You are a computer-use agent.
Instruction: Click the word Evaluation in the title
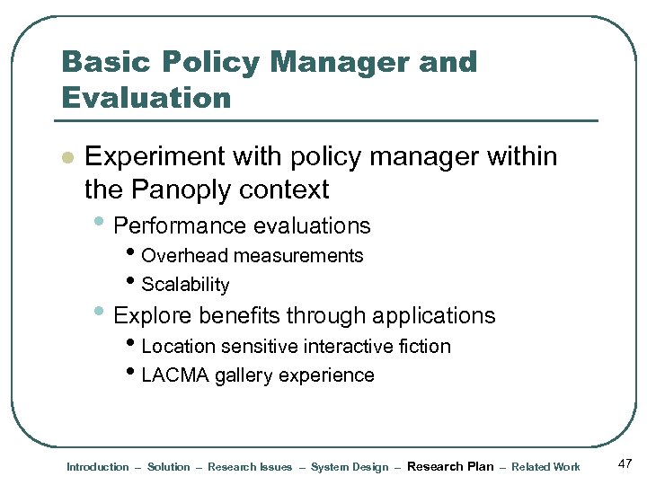146,96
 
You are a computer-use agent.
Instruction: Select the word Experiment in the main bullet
155,157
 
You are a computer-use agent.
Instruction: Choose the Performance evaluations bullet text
243,225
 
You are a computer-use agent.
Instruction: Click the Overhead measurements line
252,256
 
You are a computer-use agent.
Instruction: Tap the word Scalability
185,286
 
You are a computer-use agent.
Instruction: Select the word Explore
154,315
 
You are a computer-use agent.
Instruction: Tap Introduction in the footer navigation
98,467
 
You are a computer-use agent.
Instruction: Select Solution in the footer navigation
169,467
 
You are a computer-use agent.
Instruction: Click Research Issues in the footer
250,467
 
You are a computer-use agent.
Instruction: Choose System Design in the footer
350,467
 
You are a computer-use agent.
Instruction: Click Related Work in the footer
545,467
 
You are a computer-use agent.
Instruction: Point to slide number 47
625,463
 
